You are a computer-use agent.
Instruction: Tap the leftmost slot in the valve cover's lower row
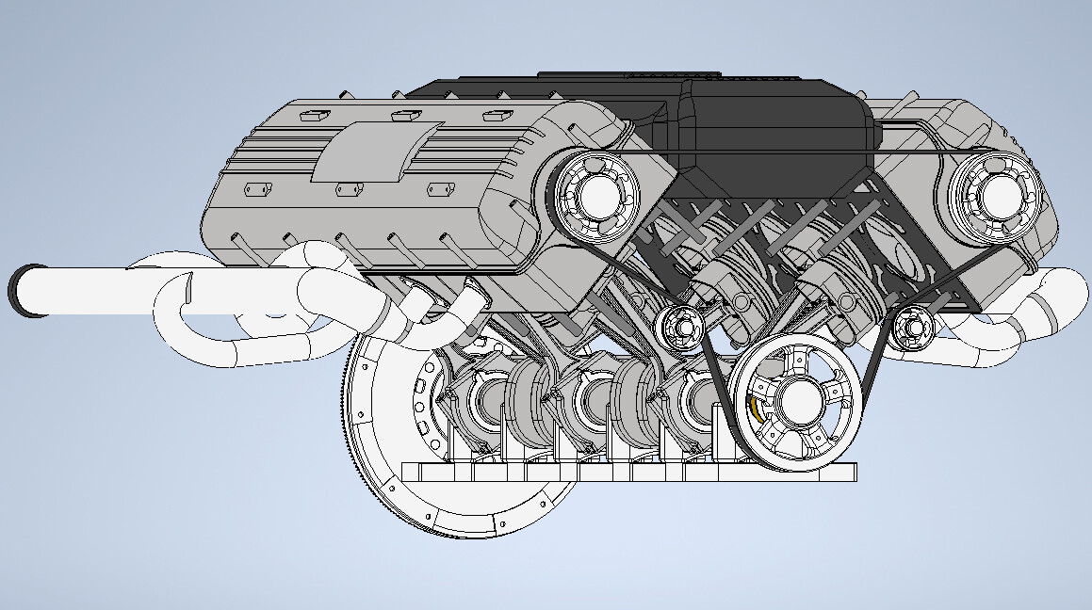pos(256,189)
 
